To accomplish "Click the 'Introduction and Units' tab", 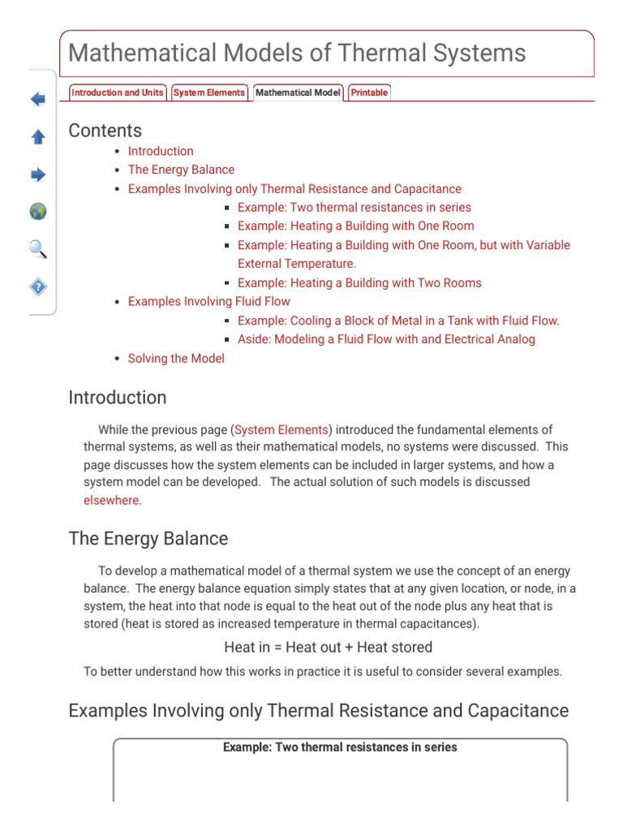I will (x=118, y=93).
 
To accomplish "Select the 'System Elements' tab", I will (x=209, y=93).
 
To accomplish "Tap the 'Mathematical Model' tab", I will (x=298, y=93).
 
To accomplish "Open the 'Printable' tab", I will (x=368, y=93).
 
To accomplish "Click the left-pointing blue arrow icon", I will (x=38, y=100).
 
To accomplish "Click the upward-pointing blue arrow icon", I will (x=38, y=137).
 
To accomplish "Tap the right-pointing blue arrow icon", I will (x=38, y=174).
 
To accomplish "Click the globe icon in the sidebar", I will (x=38, y=212).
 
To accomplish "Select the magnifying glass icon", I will (x=38, y=249).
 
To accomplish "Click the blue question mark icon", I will (x=38, y=286).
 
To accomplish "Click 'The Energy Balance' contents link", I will (x=181, y=170).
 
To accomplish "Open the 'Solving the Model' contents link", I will (x=176, y=358).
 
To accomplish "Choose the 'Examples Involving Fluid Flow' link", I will (x=208, y=301).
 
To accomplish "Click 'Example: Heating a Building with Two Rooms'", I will (x=359, y=282).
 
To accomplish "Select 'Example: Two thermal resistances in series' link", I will (x=354, y=207).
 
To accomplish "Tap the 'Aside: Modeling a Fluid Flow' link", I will (x=386, y=339).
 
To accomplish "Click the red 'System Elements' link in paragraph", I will (x=281, y=429).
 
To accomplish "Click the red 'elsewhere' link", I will (x=112, y=500).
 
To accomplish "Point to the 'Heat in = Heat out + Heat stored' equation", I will (x=328, y=647).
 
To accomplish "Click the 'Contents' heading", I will (x=105, y=131).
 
